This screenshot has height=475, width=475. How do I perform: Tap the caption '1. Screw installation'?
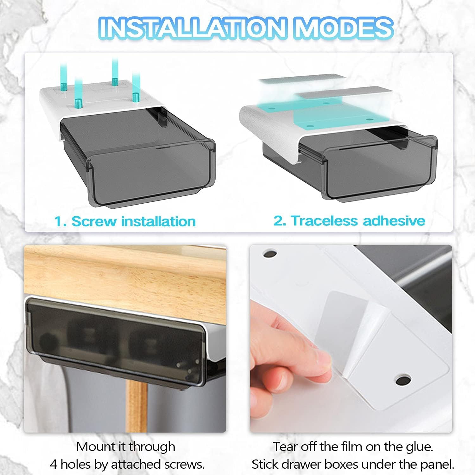pyautogui.click(x=125, y=221)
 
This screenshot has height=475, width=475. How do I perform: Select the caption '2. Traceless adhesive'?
pyautogui.click(x=349, y=220)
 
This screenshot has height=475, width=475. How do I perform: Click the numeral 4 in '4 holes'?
pyautogui.click(x=53, y=464)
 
